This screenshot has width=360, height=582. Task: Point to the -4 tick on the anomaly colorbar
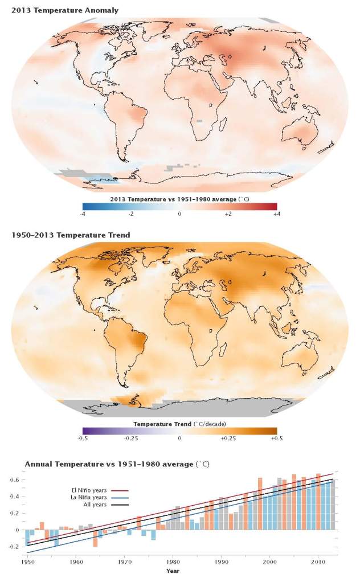click(83, 214)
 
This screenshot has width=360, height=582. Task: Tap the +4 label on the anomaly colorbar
click(276, 214)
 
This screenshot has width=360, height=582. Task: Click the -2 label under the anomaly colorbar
click(130, 214)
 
